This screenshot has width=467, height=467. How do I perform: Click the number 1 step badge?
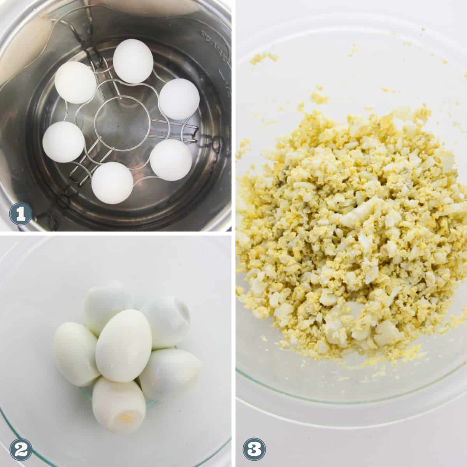coord(21,214)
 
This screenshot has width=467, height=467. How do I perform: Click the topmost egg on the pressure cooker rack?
coord(133,61)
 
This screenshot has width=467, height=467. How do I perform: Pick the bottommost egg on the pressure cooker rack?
coord(112,183)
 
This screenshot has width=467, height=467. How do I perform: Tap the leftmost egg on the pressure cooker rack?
coord(64,142)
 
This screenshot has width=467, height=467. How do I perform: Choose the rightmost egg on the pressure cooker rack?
coord(179,99)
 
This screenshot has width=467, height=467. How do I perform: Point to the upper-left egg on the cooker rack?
coord(75,83)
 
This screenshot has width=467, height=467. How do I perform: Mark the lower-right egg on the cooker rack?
coord(171,160)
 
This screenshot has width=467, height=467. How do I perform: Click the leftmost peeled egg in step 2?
coord(76,355)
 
